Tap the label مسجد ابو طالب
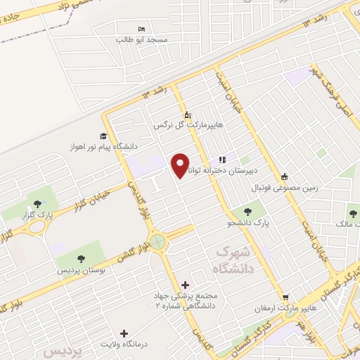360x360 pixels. coord(142,40)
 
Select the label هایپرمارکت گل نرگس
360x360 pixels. coord(188,125)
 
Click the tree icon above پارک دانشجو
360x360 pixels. coord(247,210)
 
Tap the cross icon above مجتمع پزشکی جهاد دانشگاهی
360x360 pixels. coord(185,285)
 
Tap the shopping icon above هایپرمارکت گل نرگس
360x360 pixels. coord(187,114)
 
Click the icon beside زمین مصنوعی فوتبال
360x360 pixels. coord(284,177)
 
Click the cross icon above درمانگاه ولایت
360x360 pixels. coord(124,333)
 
